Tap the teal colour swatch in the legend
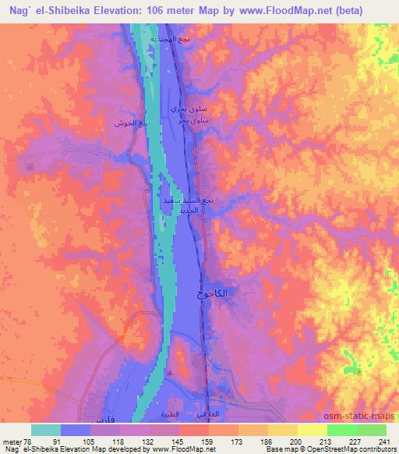click(46, 430)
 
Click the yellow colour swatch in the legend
click(312, 430)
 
